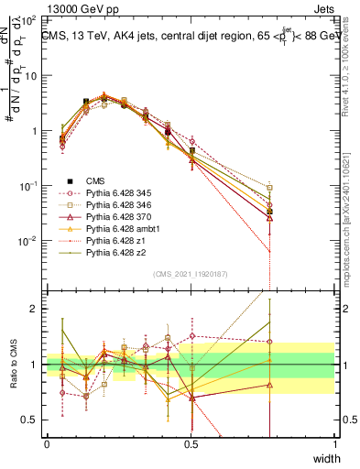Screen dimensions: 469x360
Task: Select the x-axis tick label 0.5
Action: [191, 444]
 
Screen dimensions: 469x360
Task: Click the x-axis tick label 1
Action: [335, 444]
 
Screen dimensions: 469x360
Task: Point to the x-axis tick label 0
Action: [47, 444]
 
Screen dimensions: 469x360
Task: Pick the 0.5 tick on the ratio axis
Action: [32, 420]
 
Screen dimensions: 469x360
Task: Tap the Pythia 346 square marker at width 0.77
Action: [269, 188]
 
